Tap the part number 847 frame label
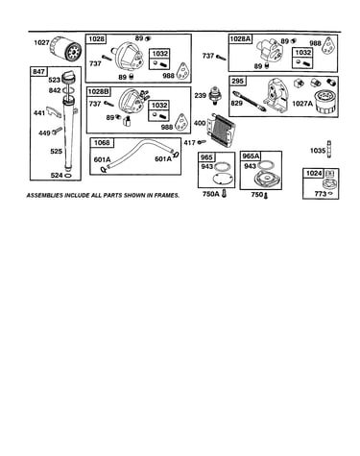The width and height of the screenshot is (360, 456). [38, 71]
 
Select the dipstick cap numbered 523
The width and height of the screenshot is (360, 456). [69, 78]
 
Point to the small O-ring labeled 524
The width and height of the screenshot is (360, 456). [68, 176]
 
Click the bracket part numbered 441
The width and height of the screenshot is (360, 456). [53, 111]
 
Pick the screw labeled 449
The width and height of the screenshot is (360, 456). [58, 131]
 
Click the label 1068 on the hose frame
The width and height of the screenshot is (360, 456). [102, 143]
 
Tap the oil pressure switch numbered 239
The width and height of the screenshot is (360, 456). [213, 95]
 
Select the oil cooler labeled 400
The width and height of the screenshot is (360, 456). [220, 130]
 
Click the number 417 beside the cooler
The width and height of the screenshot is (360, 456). [189, 143]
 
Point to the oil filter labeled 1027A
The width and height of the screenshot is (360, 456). [324, 102]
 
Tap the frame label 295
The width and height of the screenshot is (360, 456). [237, 81]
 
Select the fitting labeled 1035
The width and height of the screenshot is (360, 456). [329, 149]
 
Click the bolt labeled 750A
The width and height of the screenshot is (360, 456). [224, 193]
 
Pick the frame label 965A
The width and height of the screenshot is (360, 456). [251, 156]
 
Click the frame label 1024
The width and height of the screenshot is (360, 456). [314, 173]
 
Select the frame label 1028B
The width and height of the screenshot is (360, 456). [99, 92]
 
